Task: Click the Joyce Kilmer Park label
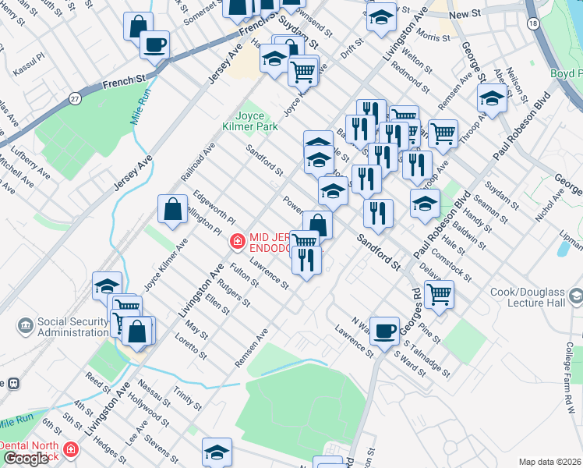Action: pyautogui.click(x=257, y=120)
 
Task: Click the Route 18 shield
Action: pyautogui.click(x=532, y=24)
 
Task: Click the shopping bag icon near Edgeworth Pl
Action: pyautogui.click(x=172, y=209)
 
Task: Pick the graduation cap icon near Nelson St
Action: pyautogui.click(x=492, y=99)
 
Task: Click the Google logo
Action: pyautogui.click(x=25, y=459)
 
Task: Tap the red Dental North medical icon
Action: pyautogui.click(x=71, y=449)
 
